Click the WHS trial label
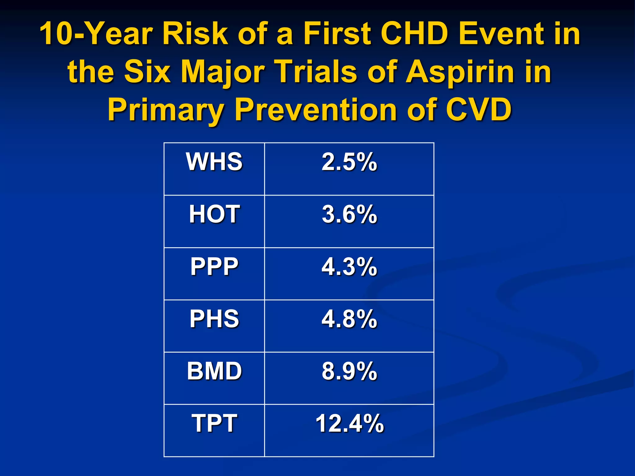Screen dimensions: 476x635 click(x=214, y=161)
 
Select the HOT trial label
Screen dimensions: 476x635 click(x=214, y=214)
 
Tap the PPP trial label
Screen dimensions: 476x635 click(x=214, y=266)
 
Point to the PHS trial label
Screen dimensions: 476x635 click(x=214, y=319)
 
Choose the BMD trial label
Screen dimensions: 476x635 click(x=214, y=371)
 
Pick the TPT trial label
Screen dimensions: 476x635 click(x=214, y=423)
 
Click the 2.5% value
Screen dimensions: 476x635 click(x=349, y=161)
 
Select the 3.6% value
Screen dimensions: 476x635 click(x=349, y=214)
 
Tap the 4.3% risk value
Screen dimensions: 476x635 click(x=349, y=266)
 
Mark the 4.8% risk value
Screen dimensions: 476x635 click(x=349, y=319)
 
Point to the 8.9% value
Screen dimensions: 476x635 click(x=349, y=371)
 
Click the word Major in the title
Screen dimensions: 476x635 click(x=222, y=72)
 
